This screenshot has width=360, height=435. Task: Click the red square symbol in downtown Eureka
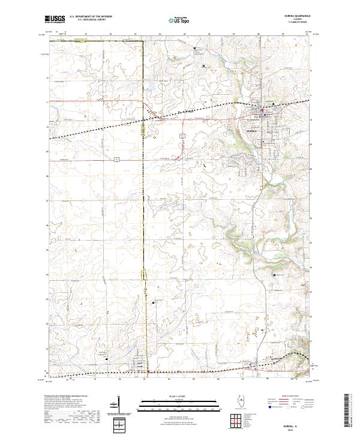[x=262, y=110]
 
